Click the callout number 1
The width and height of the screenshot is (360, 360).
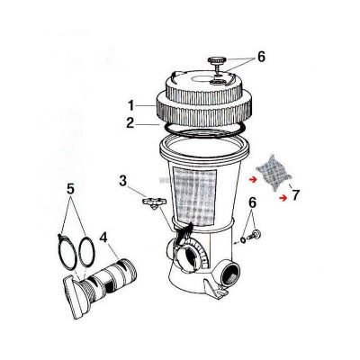130,106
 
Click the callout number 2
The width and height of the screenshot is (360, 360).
130,122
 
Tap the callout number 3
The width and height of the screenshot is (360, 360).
123,181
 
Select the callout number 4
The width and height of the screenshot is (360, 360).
103,238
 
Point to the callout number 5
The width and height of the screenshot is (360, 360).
70,189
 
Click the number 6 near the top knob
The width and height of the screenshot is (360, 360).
262,57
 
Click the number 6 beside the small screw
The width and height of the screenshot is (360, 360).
252,203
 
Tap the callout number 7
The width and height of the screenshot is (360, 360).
295,195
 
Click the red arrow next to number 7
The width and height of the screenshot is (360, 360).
283,198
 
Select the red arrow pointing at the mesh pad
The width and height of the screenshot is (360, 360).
254,180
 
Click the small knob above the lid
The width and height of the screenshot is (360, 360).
216,62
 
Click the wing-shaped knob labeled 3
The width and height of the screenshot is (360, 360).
154,202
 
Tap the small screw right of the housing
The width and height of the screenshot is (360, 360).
256,235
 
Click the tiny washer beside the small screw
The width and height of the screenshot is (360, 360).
243,240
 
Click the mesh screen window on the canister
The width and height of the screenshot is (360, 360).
194,198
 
